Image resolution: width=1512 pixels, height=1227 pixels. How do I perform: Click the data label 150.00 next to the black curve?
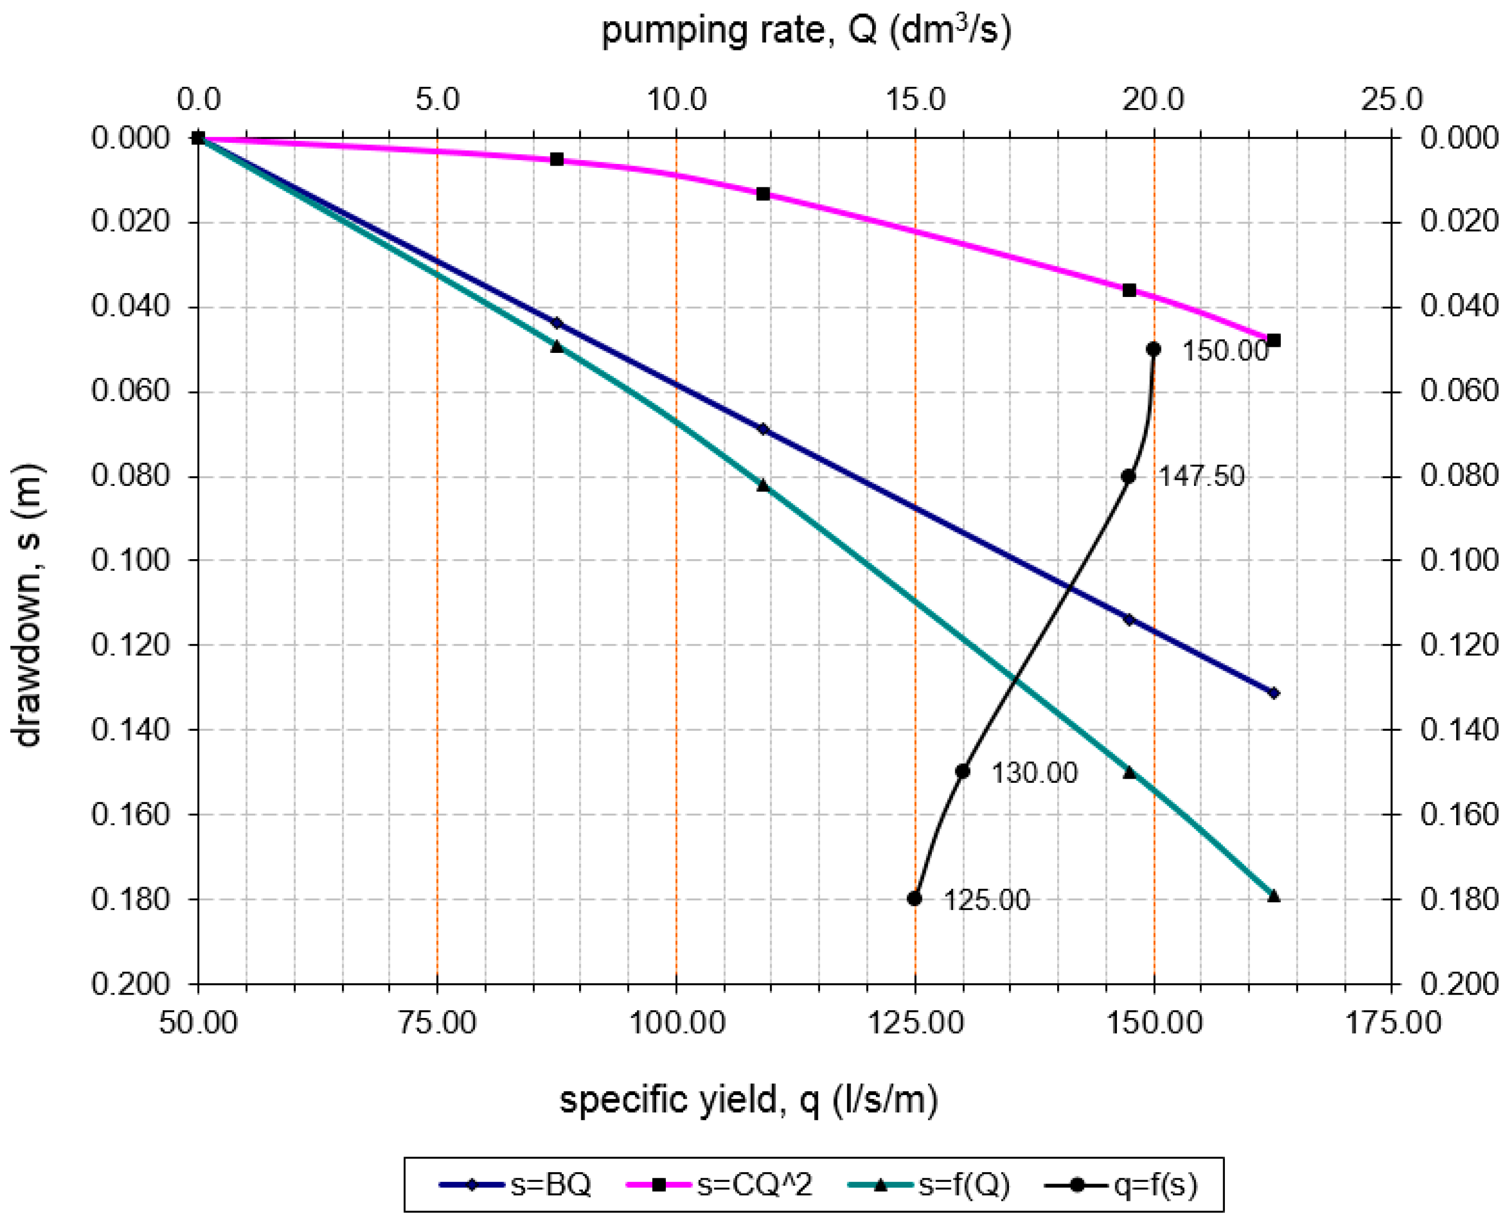1225,351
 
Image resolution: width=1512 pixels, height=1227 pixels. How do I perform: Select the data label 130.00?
1034,773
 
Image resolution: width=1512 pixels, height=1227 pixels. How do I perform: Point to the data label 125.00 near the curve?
987,901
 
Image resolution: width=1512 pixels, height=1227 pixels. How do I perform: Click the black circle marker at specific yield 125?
914,899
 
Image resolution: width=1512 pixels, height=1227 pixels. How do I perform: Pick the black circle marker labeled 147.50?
1128,476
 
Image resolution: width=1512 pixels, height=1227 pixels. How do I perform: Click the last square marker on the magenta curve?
1274,340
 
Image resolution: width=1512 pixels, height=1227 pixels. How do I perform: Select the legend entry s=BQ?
516,1185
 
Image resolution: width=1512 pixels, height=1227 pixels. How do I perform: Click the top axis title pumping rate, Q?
806,30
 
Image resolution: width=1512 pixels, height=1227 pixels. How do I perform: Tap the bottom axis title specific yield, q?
749,1100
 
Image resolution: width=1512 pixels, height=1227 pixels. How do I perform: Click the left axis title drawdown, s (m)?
28,605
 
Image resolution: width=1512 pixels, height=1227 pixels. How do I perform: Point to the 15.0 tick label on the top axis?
916,100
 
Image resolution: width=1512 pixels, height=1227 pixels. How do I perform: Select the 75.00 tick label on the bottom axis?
437,1023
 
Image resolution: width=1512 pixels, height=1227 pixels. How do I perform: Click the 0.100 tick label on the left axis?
131,560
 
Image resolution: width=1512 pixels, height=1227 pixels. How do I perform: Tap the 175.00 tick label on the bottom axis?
1393,1023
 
